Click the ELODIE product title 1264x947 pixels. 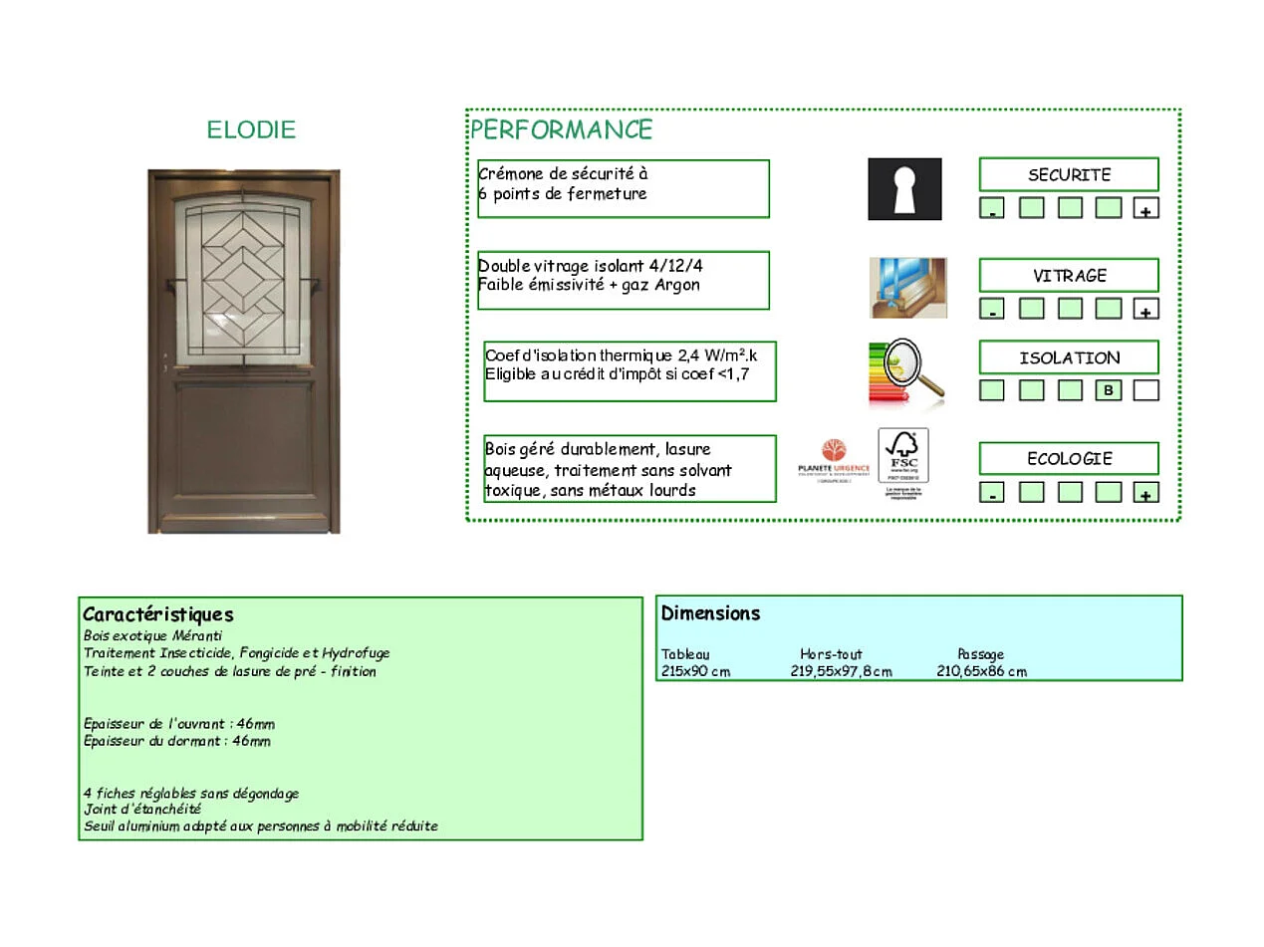(x=251, y=130)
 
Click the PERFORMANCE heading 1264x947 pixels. (x=561, y=130)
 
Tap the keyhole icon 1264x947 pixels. (x=904, y=189)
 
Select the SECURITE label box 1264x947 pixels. (x=1068, y=174)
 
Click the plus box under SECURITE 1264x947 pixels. (x=1146, y=209)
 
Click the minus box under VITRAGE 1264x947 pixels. (x=991, y=310)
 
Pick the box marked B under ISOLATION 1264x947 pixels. (x=1108, y=390)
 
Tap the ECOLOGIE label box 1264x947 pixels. (x=1068, y=458)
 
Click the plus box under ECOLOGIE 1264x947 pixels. (x=1146, y=492)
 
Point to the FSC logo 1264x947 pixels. (x=902, y=462)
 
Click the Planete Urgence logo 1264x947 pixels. (x=834, y=460)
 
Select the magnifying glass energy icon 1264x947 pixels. (x=905, y=372)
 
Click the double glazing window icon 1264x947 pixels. (x=907, y=288)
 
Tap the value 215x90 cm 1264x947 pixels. (x=695, y=671)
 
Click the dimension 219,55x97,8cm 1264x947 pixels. (x=841, y=671)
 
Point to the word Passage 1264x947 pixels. (x=980, y=654)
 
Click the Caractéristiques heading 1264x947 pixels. (x=157, y=614)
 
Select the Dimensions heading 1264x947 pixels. (x=710, y=613)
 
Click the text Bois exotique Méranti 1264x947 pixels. (x=152, y=635)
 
